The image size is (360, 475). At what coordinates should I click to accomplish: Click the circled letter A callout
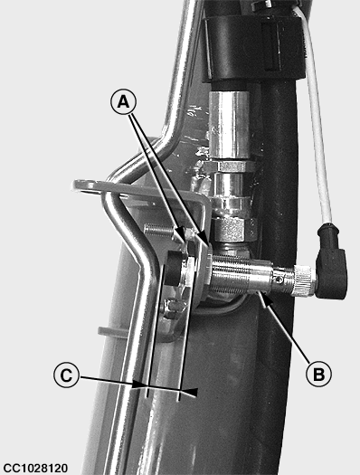(123, 101)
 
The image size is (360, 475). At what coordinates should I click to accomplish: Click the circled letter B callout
(318, 374)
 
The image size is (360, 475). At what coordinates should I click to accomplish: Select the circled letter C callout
(66, 375)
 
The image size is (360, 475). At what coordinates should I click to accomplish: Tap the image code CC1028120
(35, 468)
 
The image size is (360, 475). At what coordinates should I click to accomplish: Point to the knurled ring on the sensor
(305, 280)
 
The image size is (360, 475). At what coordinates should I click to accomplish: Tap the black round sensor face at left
(173, 268)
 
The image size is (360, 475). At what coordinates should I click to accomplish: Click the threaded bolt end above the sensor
(160, 232)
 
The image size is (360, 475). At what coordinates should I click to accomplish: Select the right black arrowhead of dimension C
(189, 392)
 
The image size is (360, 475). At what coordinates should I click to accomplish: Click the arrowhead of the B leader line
(262, 298)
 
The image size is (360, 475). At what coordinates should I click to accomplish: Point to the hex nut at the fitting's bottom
(233, 230)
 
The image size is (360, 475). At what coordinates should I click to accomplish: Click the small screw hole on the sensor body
(280, 280)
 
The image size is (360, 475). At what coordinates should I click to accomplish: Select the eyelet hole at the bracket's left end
(85, 185)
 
